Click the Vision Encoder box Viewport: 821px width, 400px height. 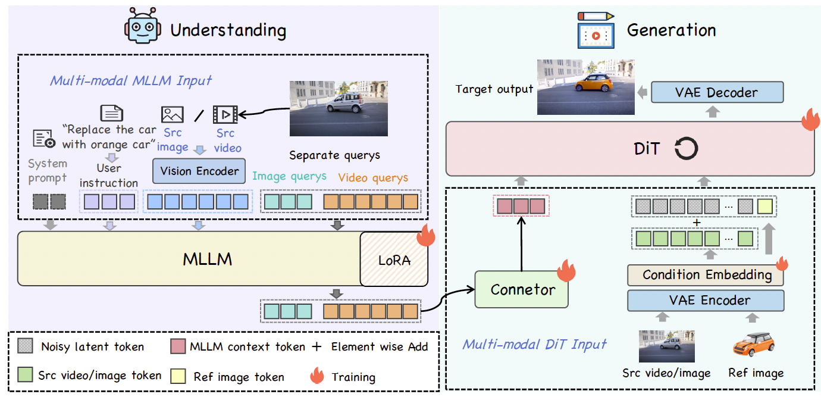coord(199,171)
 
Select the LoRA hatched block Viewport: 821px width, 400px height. coord(394,259)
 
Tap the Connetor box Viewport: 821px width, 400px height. coord(522,289)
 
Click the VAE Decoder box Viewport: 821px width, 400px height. coord(717,92)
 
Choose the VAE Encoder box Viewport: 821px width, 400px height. coord(706,301)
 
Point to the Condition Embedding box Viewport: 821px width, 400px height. coord(706,275)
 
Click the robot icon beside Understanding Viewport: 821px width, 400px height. coord(143,26)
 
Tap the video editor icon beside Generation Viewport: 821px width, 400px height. coord(596,30)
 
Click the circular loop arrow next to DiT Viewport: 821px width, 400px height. coord(686,148)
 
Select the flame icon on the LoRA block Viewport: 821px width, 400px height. coord(426,235)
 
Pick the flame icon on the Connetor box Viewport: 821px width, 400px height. coord(566,271)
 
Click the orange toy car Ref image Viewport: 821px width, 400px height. coord(754,344)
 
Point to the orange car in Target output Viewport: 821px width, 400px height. coord(594,83)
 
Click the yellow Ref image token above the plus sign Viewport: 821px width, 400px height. coord(765,207)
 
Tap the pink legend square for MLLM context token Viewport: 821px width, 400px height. coord(178,346)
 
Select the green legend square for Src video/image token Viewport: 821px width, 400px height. coord(26,374)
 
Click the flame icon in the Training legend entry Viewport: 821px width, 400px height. coord(317,376)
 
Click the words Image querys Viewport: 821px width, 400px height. coord(289,176)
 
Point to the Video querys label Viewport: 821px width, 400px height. coord(373,178)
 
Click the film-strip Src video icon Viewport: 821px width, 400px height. coord(225,114)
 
